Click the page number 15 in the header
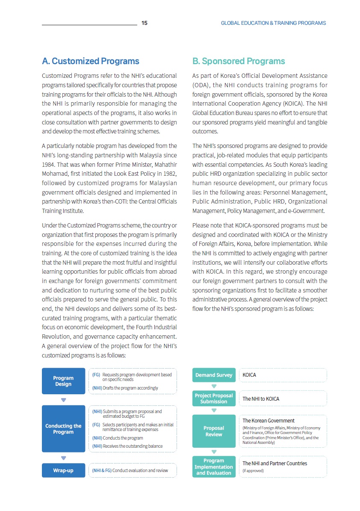(145, 23)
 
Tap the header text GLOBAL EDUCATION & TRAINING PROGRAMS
(273, 23)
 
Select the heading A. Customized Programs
(91, 61)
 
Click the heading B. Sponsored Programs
(239, 61)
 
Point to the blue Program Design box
(63, 381)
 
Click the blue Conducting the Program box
(63, 429)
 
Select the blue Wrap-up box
(63, 470)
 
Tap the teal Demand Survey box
(214, 375)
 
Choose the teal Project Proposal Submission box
(214, 399)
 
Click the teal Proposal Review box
(214, 431)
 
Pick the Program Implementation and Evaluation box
(214, 467)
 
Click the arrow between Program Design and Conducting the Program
(63, 400)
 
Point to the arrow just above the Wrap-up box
(63, 458)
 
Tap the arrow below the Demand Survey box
(214, 386)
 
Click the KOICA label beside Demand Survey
(249, 375)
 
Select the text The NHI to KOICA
(261, 399)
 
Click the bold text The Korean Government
(269, 421)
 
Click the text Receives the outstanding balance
(133, 446)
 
